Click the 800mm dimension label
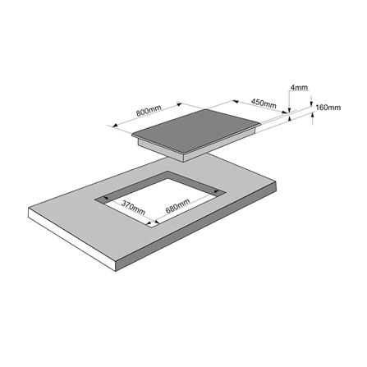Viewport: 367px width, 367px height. (x=149, y=111)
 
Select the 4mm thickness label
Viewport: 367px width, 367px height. (x=299, y=87)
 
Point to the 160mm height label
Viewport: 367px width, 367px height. (x=328, y=108)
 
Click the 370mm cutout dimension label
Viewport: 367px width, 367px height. (x=133, y=208)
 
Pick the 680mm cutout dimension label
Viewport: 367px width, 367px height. (x=177, y=206)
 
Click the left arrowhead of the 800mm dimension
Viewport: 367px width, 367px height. (x=116, y=126)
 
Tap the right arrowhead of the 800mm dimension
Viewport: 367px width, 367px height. (x=179, y=104)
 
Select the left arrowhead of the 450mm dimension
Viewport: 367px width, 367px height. (x=236, y=102)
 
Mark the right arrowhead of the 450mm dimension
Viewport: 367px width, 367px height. (x=285, y=112)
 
